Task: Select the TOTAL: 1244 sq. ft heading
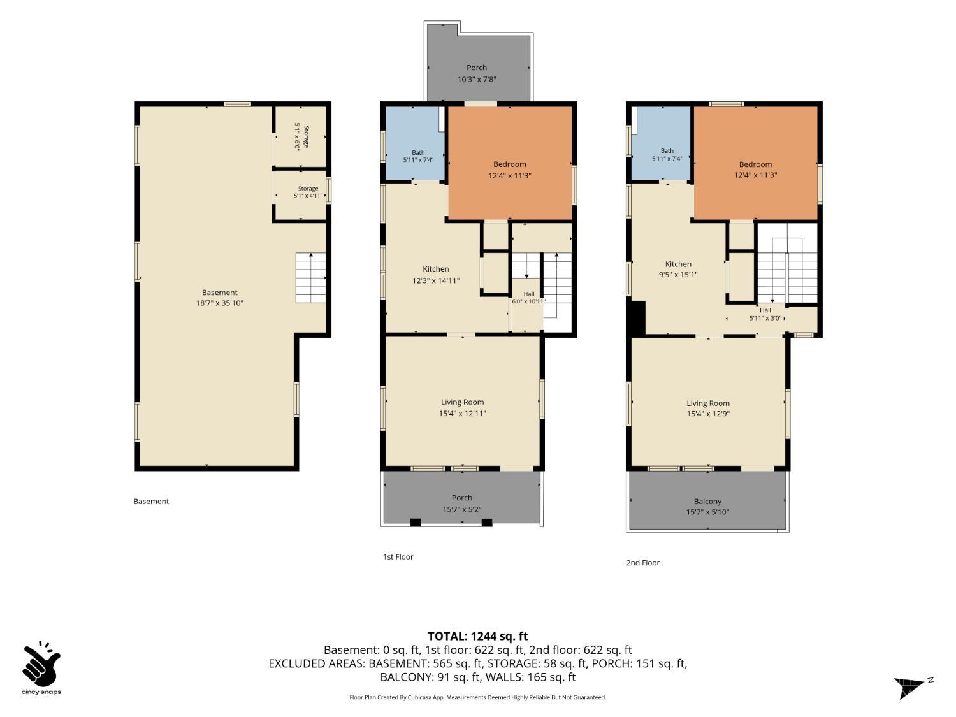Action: [x=478, y=636]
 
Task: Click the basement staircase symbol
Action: [x=310, y=277]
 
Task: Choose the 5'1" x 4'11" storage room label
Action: [x=308, y=192]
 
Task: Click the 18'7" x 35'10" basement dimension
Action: [x=219, y=303]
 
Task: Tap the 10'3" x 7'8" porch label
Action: [x=477, y=79]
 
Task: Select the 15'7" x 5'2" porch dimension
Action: [x=461, y=509]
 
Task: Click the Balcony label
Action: [x=707, y=501]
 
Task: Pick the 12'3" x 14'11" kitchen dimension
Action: [x=435, y=280]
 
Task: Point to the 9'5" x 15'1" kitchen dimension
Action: [x=677, y=274]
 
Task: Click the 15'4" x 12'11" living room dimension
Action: [x=462, y=413]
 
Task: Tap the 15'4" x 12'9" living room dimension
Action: [x=707, y=414]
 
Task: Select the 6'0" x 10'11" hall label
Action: [x=528, y=298]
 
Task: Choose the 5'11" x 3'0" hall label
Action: [x=765, y=314]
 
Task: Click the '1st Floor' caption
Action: [x=398, y=556]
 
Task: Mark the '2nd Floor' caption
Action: [x=642, y=563]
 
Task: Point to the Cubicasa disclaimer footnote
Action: [x=477, y=697]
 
